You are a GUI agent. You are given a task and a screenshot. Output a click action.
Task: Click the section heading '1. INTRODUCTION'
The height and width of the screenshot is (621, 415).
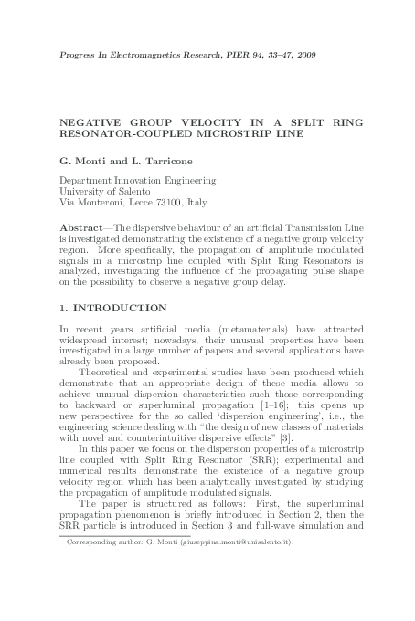pos(112,307)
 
